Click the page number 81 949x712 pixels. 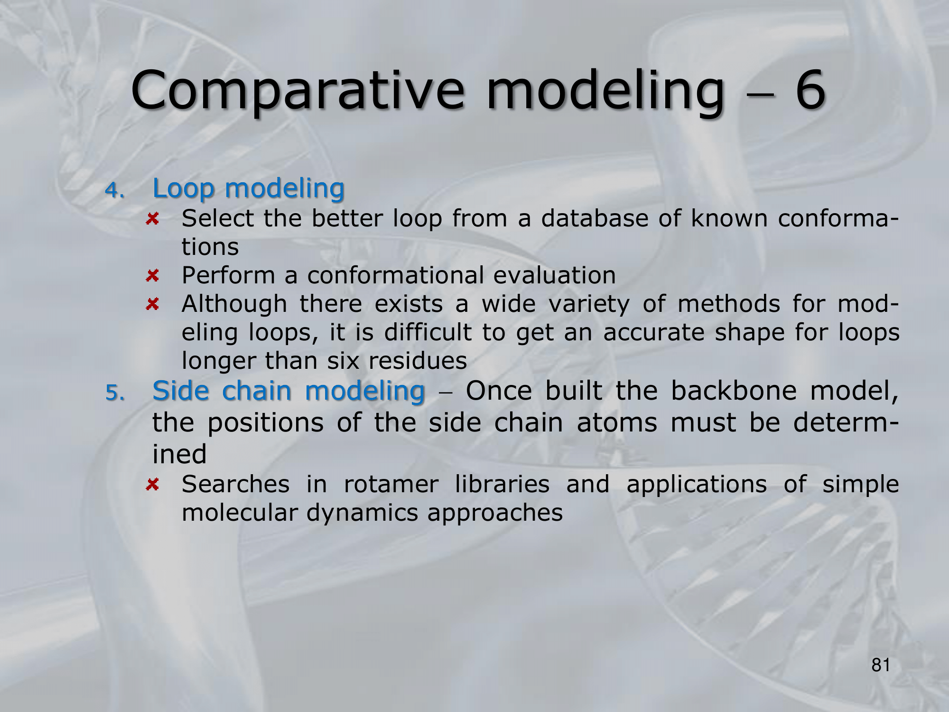click(x=881, y=665)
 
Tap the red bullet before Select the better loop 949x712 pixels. click(x=152, y=219)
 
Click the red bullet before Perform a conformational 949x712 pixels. click(x=152, y=275)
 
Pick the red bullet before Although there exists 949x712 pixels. click(x=152, y=304)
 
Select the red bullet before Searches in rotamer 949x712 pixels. click(x=152, y=484)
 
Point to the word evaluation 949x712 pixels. click(x=555, y=275)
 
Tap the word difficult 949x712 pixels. click(x=428, y=332)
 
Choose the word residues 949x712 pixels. click(x=418, y=361)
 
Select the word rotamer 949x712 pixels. click(x=391, y=484)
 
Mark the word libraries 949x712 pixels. click(x=502, y=484)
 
